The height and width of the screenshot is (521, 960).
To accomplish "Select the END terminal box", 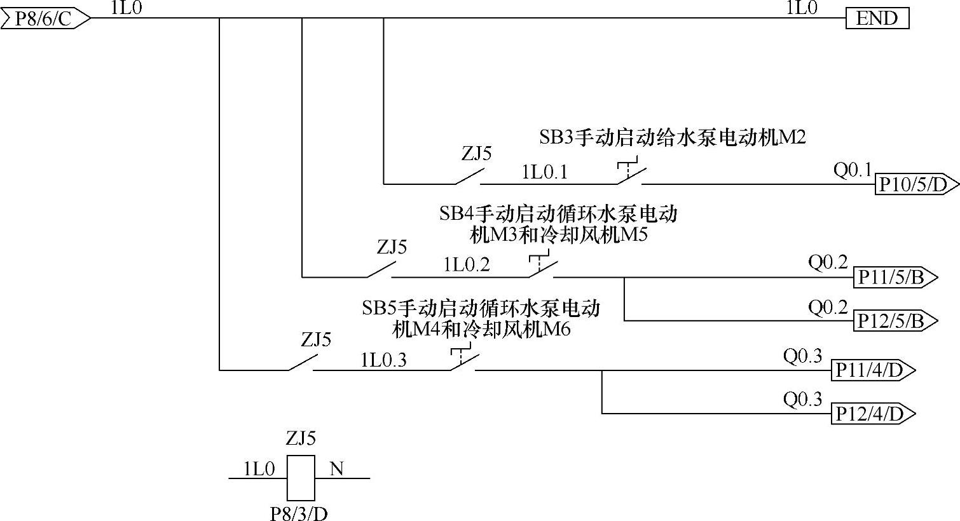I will coord(877,18).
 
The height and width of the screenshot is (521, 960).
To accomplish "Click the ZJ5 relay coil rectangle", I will coord(300,478).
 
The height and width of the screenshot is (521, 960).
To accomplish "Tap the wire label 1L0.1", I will coord(544,172).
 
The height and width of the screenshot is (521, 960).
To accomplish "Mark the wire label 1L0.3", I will coord(383,360).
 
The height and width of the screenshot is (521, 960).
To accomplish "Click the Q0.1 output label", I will coord(852,170).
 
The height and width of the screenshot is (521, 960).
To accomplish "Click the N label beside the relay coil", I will coord(336,470).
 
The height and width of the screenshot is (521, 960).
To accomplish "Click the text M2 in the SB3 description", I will coord(792,137).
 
